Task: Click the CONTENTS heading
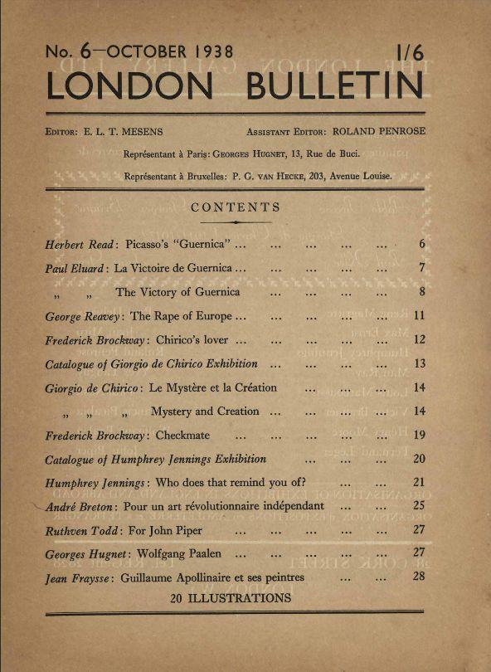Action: pos(236,207)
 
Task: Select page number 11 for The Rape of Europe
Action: pos(419,316)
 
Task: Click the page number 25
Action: pos(419,505)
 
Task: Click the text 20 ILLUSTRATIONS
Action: pos(231,597)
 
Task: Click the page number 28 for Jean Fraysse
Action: pos(419,577)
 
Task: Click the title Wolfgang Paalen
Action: pos(182,553)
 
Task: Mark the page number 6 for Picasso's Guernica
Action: pos(421,245)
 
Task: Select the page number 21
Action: pos(419,482)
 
